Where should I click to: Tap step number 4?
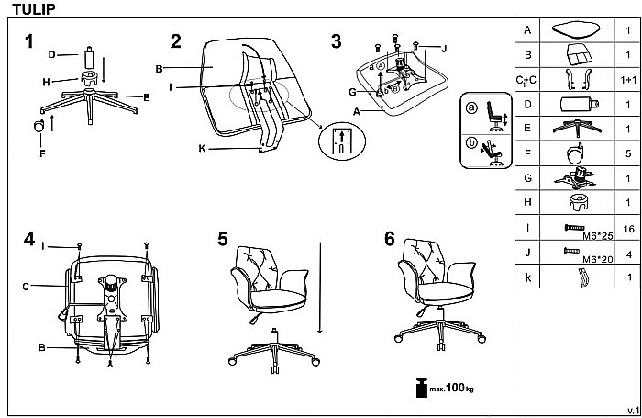(x=30, y=241)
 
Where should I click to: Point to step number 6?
(x=390, y=239)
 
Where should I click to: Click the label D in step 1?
(x=51, y=54)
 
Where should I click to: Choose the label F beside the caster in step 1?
(x=41, y=153)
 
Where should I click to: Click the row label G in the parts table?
(x=527, y=178)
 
